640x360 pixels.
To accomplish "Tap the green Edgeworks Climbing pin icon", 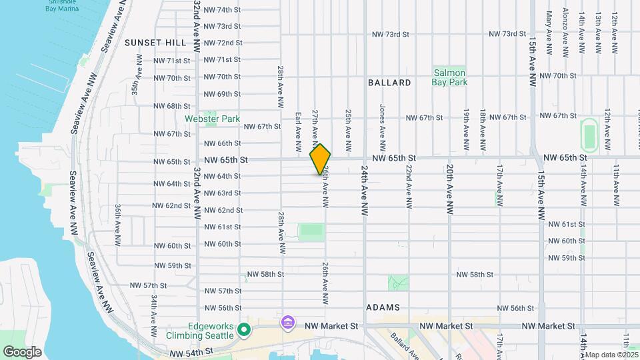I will [245, 329].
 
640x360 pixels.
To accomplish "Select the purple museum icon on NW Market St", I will [288, 323].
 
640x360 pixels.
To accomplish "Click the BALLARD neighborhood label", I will [389, 83].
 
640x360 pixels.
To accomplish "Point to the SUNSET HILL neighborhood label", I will [155, 43].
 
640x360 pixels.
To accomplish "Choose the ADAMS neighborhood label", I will [383, 307].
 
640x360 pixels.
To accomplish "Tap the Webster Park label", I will [212, 119].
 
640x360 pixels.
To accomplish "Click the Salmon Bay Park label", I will [450, 77].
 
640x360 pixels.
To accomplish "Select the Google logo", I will [22, 351].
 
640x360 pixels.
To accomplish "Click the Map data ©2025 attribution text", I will [611, 355].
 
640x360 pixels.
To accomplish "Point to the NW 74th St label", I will [222, 10].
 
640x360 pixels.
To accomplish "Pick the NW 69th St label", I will [222, 94].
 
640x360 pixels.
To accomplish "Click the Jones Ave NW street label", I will [382, 121].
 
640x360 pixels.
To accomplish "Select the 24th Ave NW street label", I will [365, 190].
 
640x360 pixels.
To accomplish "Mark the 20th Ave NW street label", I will [450, 189].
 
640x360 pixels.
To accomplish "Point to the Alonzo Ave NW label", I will [565, 32].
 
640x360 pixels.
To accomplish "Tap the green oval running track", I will [589, 135].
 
